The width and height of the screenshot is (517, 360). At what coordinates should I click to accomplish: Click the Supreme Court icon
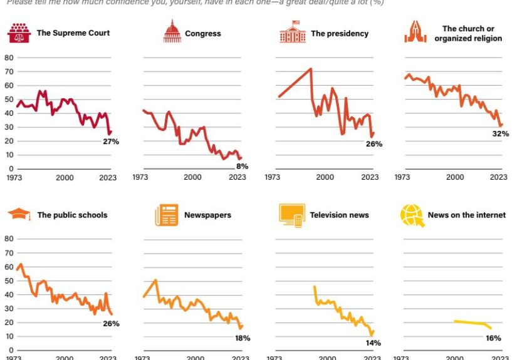click(20, 33)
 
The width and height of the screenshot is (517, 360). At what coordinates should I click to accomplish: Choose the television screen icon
click(291, 215)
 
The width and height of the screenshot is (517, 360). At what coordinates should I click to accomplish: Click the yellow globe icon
click(412, 215)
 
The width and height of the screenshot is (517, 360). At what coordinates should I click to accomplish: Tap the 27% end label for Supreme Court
click(111, 142)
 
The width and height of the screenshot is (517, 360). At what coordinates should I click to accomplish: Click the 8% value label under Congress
click(242, 166)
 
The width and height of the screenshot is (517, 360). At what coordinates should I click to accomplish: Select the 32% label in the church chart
click(500, 134)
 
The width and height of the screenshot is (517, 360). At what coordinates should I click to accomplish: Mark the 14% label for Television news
click(373, 342)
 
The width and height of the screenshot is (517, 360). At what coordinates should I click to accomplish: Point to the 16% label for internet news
click(493, 338)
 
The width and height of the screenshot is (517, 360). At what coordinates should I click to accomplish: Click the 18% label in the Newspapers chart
click(242, 338)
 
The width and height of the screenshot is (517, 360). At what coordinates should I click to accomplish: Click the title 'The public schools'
click(72, 215)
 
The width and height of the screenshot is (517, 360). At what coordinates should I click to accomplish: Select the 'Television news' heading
click(340, 215)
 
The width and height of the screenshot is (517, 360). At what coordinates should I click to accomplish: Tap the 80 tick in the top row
click(9, 58)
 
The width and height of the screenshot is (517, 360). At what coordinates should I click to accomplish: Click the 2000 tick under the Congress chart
click(192, 177)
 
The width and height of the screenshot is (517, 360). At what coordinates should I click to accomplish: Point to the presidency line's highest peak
click(311, 69)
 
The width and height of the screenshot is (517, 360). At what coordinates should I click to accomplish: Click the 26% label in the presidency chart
click(374, 144)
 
